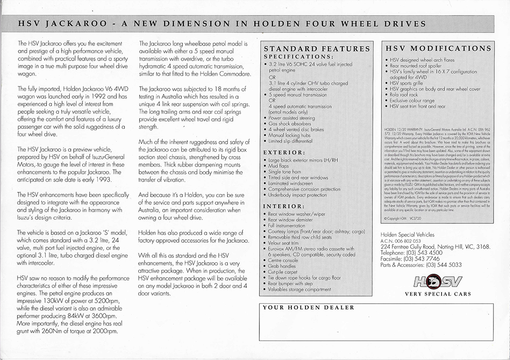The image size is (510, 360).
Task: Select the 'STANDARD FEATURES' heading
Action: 317,48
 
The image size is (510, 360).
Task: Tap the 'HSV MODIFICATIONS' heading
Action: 435,48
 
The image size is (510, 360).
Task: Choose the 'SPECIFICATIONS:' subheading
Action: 297,57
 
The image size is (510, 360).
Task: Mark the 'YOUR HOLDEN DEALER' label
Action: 308,307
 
